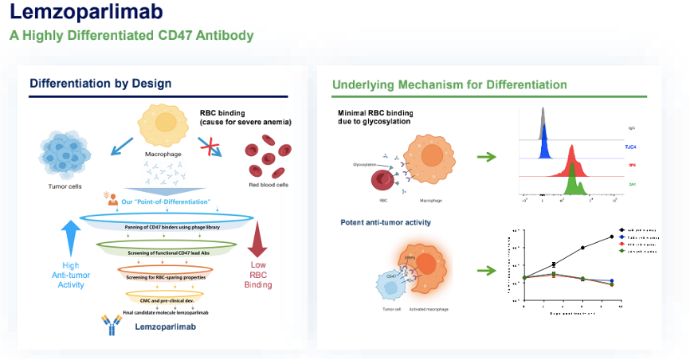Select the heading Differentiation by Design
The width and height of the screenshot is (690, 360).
pyautogui.click(x=100, y=84)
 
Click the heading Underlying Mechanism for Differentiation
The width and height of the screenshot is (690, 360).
pyautogui.click(x=449, y=84)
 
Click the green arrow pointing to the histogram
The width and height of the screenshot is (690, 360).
pyautogui.click(x=487, y=157)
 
